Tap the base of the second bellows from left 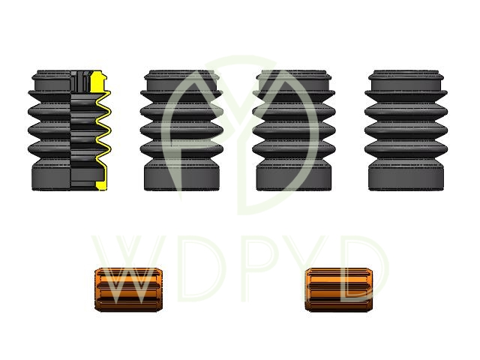click(x=182, y=178)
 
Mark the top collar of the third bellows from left click(x=295, y=77)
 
